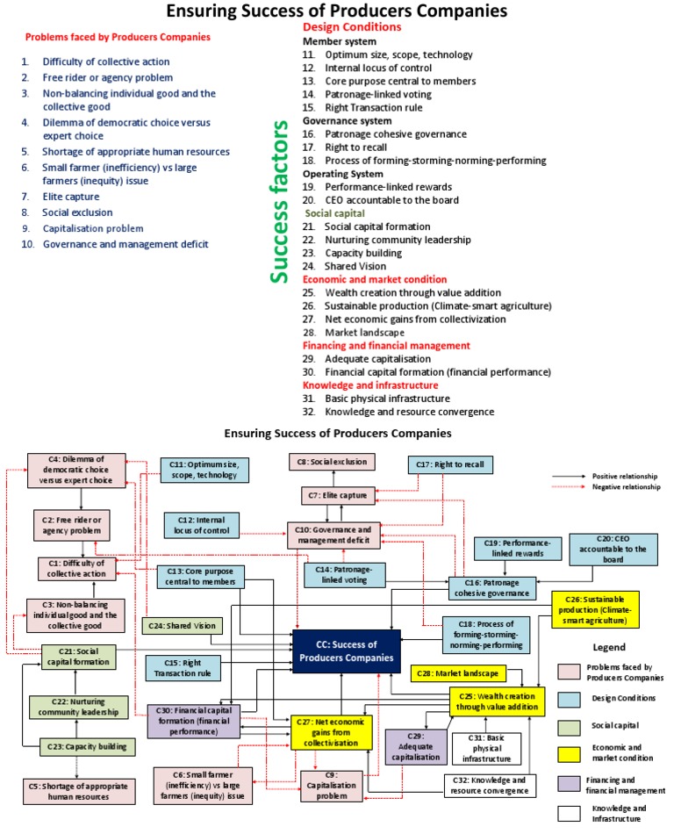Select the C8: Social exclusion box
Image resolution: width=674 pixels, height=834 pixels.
pos(333,462)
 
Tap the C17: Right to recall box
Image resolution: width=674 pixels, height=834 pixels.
pos(451,464)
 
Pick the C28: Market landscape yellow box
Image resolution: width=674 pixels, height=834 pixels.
pos(459,673)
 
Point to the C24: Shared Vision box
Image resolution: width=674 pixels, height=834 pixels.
pos(183,626)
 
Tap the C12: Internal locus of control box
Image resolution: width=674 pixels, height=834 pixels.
pos(201,526)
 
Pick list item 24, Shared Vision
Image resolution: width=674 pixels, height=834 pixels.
pos(351,266)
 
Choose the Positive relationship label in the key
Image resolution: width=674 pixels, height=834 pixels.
pos(615,475)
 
